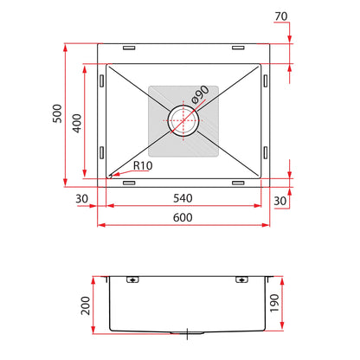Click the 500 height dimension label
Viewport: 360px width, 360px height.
tap(57, 113)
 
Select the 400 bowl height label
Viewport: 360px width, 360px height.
tap(77, 124)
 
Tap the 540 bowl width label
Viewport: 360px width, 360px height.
tap(183, 198)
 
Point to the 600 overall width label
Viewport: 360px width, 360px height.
tap(183, 217)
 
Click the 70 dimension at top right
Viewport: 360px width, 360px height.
tap(281, 16)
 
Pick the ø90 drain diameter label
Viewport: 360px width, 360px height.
tap(200, 94)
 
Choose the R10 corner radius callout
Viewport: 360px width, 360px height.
tap(143, 165)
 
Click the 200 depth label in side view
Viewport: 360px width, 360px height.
tap(86, 305)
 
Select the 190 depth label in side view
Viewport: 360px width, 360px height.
tap(274, 303)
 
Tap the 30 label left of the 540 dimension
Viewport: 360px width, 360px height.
tap(81, 199)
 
